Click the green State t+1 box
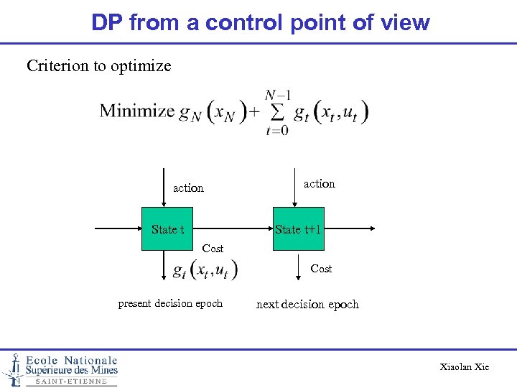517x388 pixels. pos(298,229)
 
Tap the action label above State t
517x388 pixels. pos(188,188)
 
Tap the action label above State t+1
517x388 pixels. pos(319,184)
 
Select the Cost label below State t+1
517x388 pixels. pos(321,269)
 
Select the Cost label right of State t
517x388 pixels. pos(213,249)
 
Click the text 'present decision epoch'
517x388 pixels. pos(170,303)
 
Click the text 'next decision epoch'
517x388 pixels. pos(307,304)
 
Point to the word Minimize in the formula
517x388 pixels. pos(137,111)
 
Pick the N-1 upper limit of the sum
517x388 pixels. pos(277,95)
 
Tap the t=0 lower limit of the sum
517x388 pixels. pos(276,131)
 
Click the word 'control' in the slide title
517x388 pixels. pos(245,22)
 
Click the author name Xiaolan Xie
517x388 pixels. pos(465,367)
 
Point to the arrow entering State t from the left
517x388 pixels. pos(118,228)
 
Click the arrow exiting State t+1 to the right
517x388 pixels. pos(348,228)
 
